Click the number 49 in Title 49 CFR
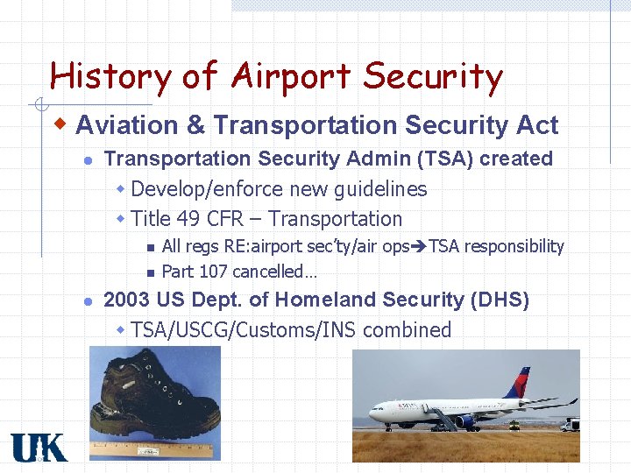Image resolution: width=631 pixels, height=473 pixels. point(188,219)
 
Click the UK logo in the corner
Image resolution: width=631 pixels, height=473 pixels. point(39,447)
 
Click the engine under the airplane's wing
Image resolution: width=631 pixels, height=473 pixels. point(464,421)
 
